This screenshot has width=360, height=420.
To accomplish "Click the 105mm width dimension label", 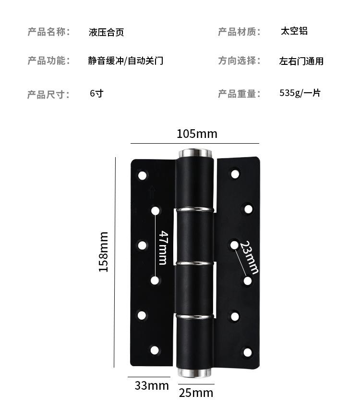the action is point(197,134).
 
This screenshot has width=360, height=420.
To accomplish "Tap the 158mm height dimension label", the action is point(104,251).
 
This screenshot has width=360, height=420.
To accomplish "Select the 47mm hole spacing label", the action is point(163,247).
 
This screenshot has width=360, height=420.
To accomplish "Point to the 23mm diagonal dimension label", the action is point(249,258).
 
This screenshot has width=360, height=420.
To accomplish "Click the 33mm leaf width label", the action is point(152,385).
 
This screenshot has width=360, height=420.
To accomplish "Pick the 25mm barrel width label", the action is point(196,393).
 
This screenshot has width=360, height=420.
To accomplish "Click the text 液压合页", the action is point(107,33).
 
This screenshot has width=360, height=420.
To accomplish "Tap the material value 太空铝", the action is point(294,31).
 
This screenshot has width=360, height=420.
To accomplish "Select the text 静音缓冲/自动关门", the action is point(126,61).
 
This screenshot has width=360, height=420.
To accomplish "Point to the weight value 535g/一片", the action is point(300,93).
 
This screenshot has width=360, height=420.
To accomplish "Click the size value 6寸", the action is point(96,93).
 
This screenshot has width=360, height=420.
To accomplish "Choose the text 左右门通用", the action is point(301,61).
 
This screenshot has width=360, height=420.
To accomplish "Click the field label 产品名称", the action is point(48,32).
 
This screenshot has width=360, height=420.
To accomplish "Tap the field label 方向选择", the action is point(239,61).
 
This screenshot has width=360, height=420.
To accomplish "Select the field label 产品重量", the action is point(239,94).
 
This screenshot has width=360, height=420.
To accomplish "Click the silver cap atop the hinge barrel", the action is point(195,153).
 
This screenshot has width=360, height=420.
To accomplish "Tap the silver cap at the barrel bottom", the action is point(195,372).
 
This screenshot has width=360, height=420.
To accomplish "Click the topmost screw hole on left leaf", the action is point(142,175).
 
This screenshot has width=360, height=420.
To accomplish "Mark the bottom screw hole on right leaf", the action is point(248,352).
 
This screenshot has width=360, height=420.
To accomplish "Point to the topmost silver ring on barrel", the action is point(195,209).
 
